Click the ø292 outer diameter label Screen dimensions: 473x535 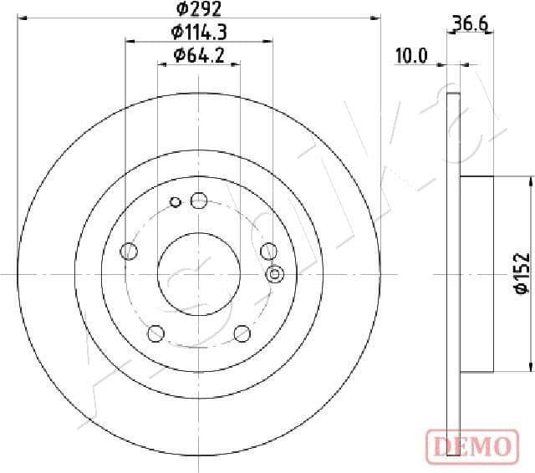point(198,10)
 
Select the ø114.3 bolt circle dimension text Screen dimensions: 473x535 point(199,33)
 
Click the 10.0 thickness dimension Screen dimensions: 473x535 point(411,56)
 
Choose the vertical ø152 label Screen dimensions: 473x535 point(520,273)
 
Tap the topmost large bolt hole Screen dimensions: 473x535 point(198,200)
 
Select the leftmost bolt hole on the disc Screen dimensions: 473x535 point(129,251)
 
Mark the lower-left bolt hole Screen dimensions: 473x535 point(155,333)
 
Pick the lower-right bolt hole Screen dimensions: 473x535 point(242,333)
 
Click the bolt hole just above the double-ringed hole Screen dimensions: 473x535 point(268,251)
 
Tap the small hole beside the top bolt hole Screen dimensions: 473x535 point(176,201)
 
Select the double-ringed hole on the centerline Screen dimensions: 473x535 point(273,274)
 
